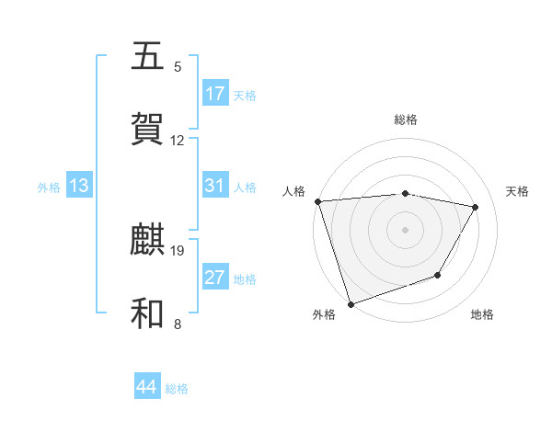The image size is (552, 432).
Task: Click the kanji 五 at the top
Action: coord(148,56)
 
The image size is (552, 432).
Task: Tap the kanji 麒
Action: coord(148,240)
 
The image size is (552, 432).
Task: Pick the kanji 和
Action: coord(148,313)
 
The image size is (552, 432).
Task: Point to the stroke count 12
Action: coord(178,141)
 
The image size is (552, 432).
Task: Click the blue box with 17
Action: coord(215,94)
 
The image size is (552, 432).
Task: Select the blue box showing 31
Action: coord(215,186)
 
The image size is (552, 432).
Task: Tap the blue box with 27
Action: coord(215,278)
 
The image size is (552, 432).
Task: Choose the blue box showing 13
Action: coord(78,186)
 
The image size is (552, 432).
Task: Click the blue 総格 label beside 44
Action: coord(177,389)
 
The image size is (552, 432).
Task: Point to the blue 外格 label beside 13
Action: coord(49,188)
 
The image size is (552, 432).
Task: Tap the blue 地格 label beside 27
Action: coord(245,279)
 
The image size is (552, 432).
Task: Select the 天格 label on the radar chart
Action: coord(517,191)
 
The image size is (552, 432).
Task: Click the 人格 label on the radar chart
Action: coord(293,191)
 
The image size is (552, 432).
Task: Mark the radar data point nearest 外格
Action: coord(351,303)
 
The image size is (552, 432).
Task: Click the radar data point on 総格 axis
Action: coord(405,193)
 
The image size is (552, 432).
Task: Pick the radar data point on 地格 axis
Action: coord(439,275)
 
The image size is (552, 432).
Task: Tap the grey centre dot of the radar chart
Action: coord(405,229)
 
